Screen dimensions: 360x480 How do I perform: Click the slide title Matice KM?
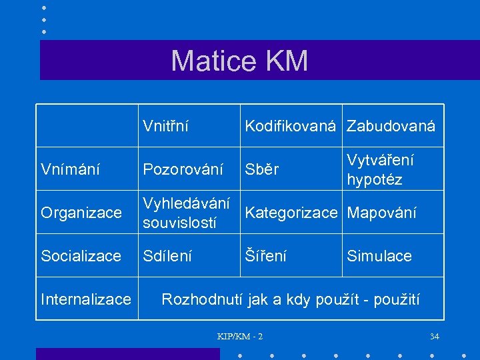tap(239, 61)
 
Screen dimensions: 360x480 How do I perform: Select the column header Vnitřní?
tap(165, 126)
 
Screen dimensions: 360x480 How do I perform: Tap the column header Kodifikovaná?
tap(290, 126)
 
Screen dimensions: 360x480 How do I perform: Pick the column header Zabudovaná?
tap(391, 126)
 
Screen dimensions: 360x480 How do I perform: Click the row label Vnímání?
tap(71, 170)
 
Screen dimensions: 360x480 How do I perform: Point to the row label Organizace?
tap(81, 213)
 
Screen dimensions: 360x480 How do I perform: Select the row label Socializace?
tap(81, 256)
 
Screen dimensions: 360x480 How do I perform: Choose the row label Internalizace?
tap(86, 299)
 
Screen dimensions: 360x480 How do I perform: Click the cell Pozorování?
tap(183, 170)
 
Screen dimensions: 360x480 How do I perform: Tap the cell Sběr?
tap(262, 170)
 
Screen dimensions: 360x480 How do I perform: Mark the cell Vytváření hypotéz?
tap(380, 170)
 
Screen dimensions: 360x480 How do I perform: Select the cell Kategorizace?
tap(291, 213)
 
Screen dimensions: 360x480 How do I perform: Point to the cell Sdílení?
tap(167, 256)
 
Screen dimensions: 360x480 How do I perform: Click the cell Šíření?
tap(266, 256)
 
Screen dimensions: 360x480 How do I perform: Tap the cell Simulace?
tap(379, 256)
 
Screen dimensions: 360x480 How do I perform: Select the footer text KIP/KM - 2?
tap(240, 336)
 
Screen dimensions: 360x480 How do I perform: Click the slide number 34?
tap(435, 336)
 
